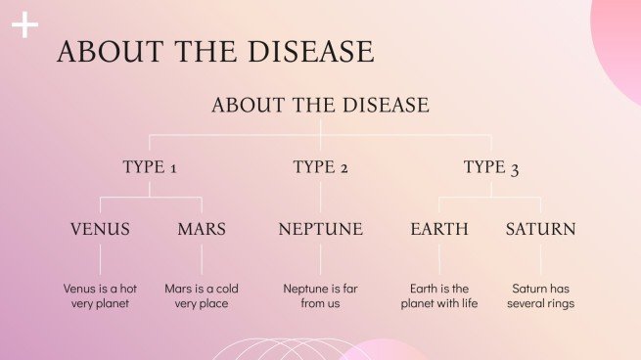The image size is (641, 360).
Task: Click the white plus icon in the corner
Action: (x=24, y=25)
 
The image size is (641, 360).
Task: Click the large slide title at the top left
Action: (x=215, y=52)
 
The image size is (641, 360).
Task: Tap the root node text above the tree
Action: (x=320, y=105)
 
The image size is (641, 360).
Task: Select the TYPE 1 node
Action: (x=150, y=167)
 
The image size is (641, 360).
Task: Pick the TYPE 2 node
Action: (x=320, y=167)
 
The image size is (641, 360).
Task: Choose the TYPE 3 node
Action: (x=490, y=167)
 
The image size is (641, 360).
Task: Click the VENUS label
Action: (x=100, y=230)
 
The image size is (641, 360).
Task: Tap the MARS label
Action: (x=202, y=230)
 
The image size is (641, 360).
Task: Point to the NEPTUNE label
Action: (x=320, y=230)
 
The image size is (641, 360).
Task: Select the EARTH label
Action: (x=438, y=230)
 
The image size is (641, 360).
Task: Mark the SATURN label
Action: (x=540, y=230)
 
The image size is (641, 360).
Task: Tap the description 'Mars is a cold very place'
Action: (x=202, y=296)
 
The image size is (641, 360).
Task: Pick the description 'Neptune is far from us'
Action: (x=320, y=296)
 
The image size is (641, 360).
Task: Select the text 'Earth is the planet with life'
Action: (x=438, y=296)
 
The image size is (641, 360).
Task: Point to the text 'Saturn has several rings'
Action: (x=540, y=296)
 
